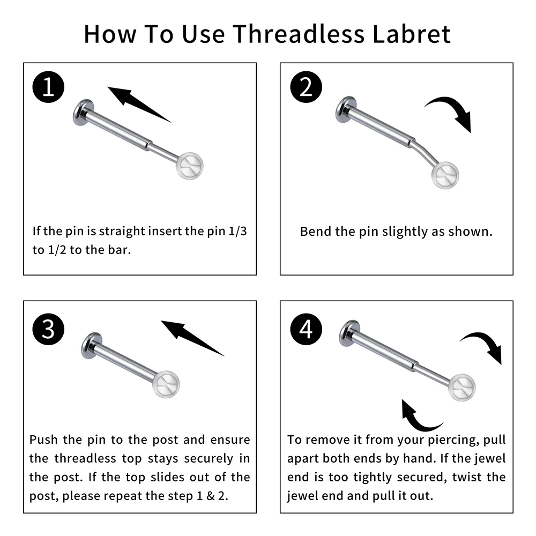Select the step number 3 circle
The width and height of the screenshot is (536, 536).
[48, 329]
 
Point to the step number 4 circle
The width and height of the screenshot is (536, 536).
[306, 329]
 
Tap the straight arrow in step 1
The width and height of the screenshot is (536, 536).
[137, 103]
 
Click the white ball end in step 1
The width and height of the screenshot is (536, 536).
[191, 166]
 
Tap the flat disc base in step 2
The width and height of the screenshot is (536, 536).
[346, 110]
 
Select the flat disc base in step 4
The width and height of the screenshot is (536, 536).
[349, 333]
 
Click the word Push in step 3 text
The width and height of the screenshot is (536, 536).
[43, 440]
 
